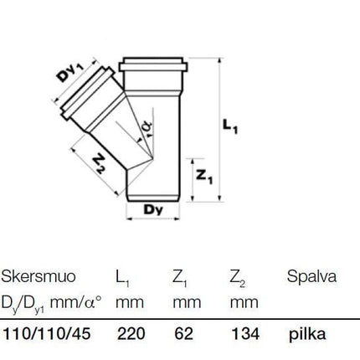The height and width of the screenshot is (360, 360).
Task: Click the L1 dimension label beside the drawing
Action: [230, 126]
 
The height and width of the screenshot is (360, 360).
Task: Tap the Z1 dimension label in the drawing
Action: [204, 176]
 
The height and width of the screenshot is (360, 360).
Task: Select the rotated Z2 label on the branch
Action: [99, 164]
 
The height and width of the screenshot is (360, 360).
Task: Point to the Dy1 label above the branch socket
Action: [69, 72]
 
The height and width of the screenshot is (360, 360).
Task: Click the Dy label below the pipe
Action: [153, 210]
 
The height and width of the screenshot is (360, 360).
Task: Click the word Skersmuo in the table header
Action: [39, 276]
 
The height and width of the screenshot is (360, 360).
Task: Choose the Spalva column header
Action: [311, 277]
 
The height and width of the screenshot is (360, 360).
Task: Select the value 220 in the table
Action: [131, 334]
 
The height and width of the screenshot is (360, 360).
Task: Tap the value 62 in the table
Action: [183, 334]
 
